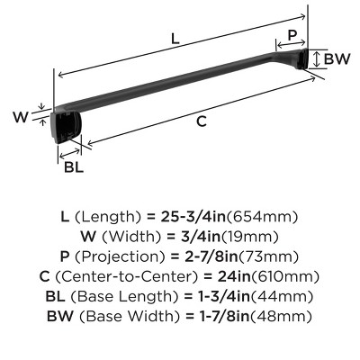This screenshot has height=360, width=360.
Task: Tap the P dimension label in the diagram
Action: [x=291, y=36]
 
